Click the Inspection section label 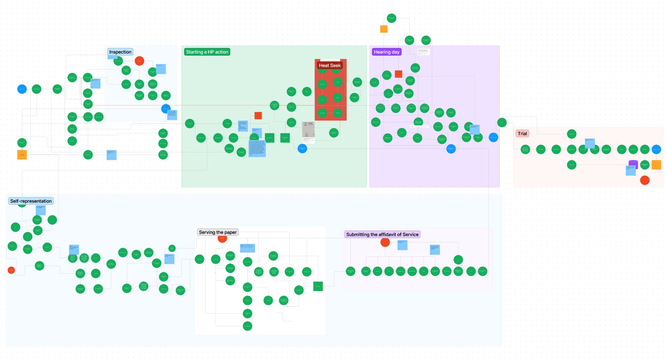point(120,52)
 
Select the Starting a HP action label point(207,52)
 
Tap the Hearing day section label point(387,52)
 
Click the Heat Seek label point(330,66)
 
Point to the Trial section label point(522,134)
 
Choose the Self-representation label point(31,201)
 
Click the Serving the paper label point(218,232)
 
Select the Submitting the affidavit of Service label point(382,235)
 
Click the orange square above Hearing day point(384,29)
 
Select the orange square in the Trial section point(656,165)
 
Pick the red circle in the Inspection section point(139,61)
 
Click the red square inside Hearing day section point(398,74)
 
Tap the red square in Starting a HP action point(258,116)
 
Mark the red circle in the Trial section point(644,180)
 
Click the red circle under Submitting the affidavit point(385,242)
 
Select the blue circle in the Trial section point(656,149)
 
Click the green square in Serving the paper point(318,286)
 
